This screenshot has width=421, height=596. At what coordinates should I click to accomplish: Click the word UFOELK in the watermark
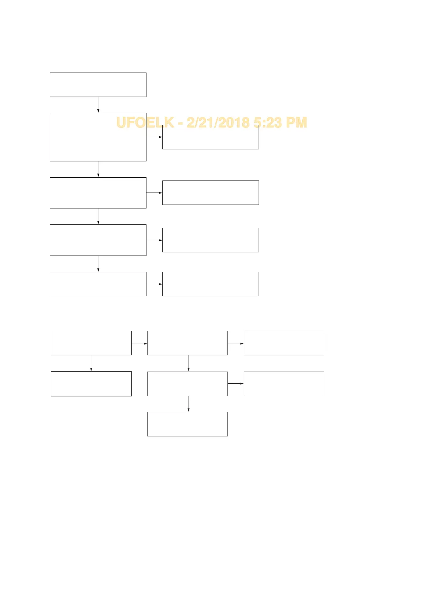[x=145, y=122]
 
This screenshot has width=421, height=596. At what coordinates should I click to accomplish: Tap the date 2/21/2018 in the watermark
[x=218, y=122]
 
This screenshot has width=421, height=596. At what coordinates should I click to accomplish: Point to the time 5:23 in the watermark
[x=267, y=122]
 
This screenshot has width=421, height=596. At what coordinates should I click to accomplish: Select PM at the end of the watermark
[x=296, y=122]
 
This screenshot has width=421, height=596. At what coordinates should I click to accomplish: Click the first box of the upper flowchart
[x=98, y=85]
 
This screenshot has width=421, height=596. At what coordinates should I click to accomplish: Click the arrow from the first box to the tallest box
[x=98, y=105]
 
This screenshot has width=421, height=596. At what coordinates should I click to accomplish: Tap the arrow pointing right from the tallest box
[x=154, y=137]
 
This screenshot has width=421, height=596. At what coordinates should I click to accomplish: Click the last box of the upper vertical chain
[x=98, y=284]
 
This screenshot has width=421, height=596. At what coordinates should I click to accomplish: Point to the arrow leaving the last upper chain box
[x=154, y=284]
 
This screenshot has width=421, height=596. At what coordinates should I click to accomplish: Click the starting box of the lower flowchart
[x=91, y=343]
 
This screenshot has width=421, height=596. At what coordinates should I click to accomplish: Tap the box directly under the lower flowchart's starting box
[x=91, y=384]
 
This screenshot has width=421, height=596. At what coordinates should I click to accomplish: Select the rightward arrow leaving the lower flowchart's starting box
[x=139, y=343]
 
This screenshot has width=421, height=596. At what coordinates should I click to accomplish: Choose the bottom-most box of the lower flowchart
[x=188, y=424]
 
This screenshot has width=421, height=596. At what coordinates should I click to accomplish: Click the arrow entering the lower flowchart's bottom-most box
[x=189, y=404]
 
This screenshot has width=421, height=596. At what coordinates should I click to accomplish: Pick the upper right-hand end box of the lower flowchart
[x=284, y=343]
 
